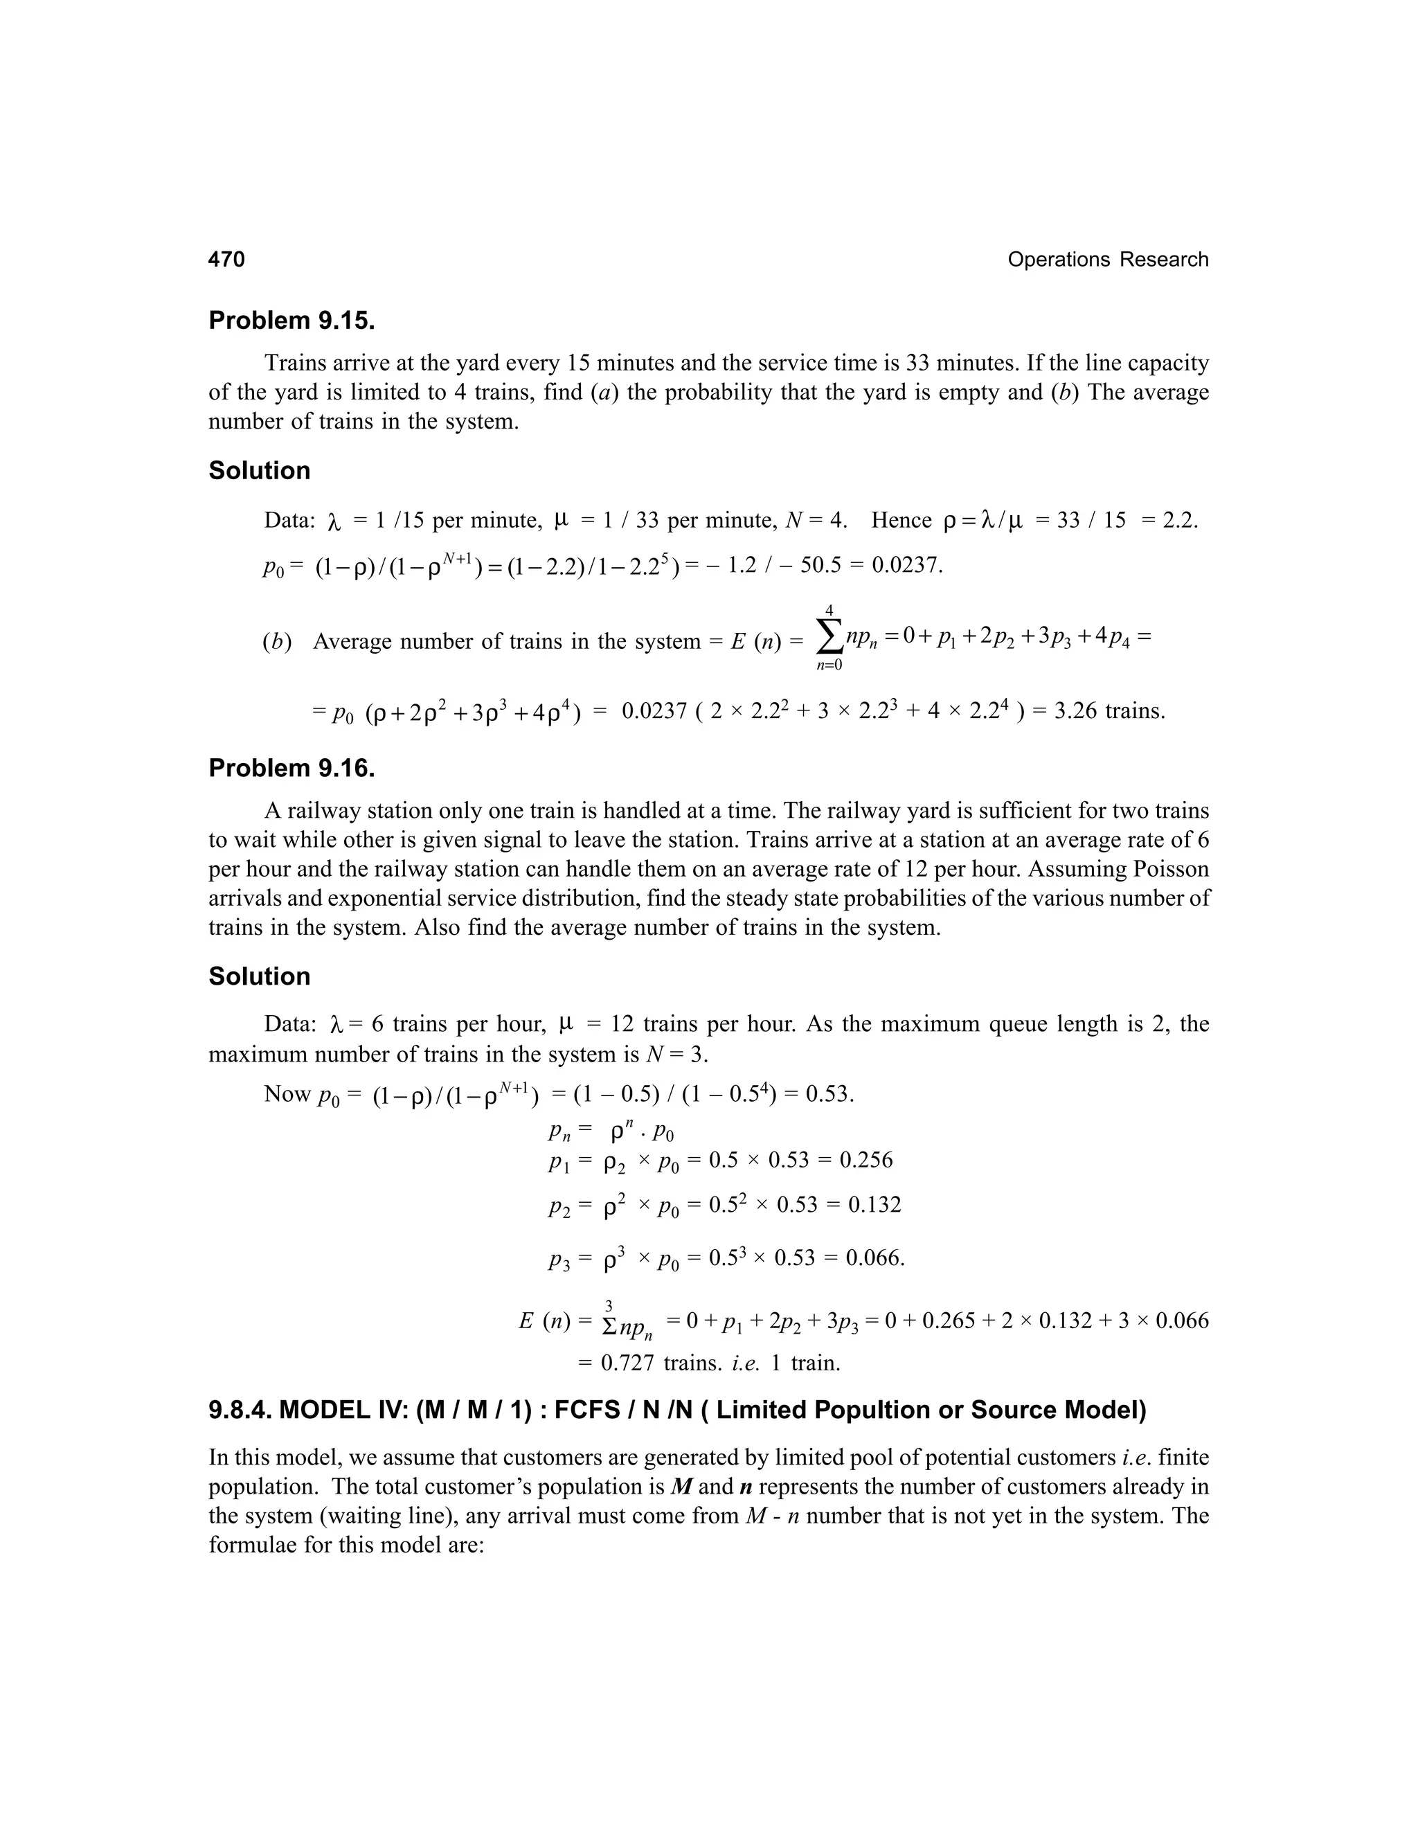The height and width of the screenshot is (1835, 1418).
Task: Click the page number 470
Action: click(227, 260)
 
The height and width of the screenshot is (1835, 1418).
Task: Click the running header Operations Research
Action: click(1107, 260)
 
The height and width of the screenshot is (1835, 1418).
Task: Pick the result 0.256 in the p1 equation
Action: click(866, 1161)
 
